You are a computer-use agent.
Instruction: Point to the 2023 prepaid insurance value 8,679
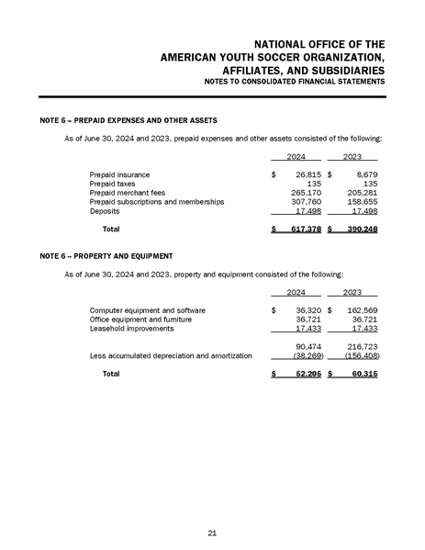tap(362, 174)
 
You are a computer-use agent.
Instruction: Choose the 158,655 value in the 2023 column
tap(358, 200)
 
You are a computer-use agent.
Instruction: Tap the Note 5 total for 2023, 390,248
tap(358, 227)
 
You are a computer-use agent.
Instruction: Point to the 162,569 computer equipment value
tap(358, 310)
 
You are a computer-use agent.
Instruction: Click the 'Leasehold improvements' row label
tap(131, 328)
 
